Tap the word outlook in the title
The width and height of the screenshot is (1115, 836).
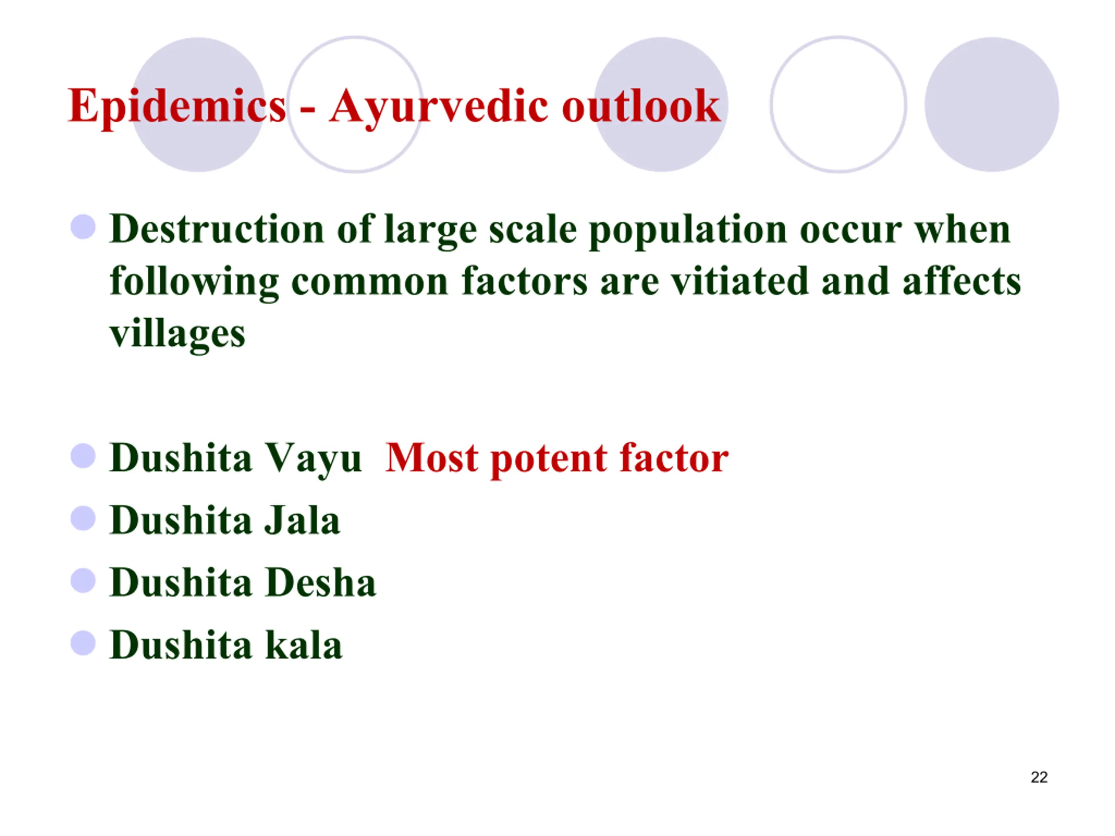pos(641,106)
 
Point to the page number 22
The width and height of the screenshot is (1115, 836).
pos(1039,777)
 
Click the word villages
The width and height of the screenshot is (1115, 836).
pos(177,334)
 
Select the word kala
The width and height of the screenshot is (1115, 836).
pos(304,644)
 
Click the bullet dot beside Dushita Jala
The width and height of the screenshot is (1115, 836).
pos(83,519)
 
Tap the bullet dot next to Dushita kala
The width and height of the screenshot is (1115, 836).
pos(83,643)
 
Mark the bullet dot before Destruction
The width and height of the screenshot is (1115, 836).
pos(83,227)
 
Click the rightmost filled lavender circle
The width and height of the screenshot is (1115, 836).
pos(991,104)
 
